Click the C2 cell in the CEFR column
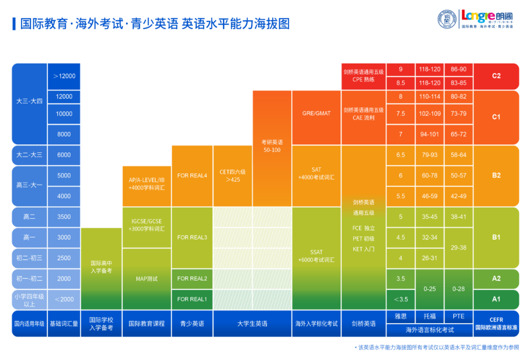pyautogui.click(x=496, y=76)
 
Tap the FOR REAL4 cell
pyautogui.click(x=192, y=176)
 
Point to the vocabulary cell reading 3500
pyautogui.click(x=64, y=217)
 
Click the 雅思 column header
pyautogui.click(x=400, y=316)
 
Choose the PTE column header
pyautogui.click(x=458, y=316)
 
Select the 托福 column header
pyautogui.click(x=429, y=316)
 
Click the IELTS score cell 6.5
pyautogui.click(x=400, y=155)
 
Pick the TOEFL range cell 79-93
pyautogui.click(x=429, y=155)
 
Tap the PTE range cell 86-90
pyautogui.click(x=458, y=69)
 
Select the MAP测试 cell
pyautogui.click(x=147, y=279)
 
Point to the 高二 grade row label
pyautogui.click(x=29, y=217)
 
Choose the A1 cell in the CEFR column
pyautogui.click(x=496, y=299)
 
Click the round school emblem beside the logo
pyautogui.click(x=447, y=19)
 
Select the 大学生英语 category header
pyautogui.click(x=252, y=324)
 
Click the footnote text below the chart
pyautogui.click(x=437, y=348)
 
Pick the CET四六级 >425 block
pyautogui.click(x=233, y=176)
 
